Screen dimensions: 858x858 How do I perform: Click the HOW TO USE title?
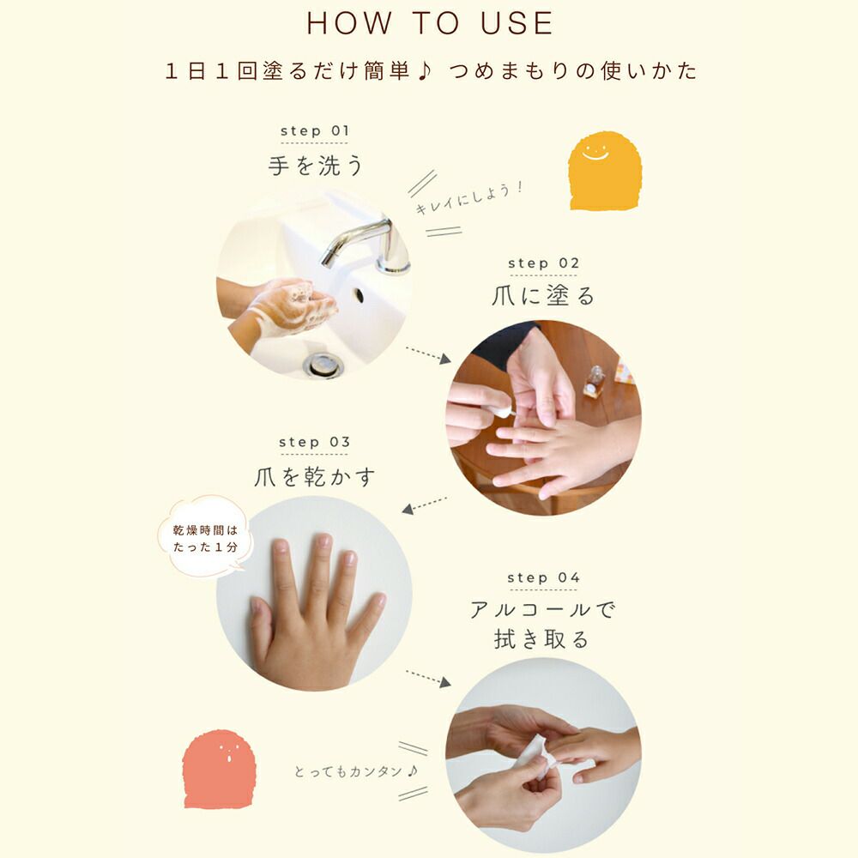[x=430, y=23]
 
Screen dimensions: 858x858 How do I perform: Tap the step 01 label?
[x=315, y=131]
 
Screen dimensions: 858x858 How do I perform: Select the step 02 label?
[x=543, y=263]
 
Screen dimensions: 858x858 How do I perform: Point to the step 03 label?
[x=314, y=442]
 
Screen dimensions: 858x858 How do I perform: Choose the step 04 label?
[x=543, y=577]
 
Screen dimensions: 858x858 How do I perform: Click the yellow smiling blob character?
[x=605, y=171]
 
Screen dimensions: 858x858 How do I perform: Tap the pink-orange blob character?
[x=219, y=769]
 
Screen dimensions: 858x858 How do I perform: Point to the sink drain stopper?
[x=323, y=365]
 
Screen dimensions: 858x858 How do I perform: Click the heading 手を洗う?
[x=315, y=166]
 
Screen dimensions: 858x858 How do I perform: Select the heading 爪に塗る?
[x=543, y=296]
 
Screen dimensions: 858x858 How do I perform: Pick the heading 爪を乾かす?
[x=315, y=476]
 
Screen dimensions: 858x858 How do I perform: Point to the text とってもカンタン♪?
[x=356, y=771]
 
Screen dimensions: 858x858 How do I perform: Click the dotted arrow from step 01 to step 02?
[x=428, y=354]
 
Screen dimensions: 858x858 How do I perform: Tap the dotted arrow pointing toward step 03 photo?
[x=425, y=505]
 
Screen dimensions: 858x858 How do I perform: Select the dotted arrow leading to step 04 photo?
[x=428, y=678]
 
